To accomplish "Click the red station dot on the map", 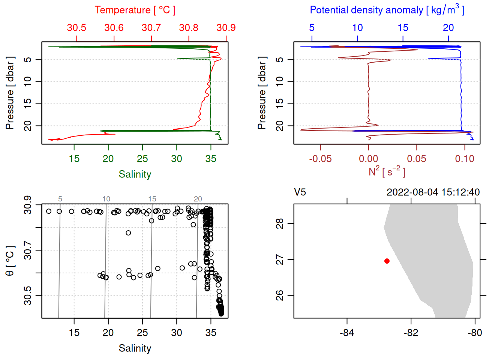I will coord(387,261).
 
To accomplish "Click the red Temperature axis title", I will coord(135,10).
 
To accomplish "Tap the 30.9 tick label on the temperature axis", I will coord(226,28).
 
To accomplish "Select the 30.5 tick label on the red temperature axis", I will coord(76,28).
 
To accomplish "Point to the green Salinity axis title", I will coord(135,174).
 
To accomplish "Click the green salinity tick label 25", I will coord(142,159).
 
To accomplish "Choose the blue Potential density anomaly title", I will coord(387,10).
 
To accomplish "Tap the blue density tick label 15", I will coord(403,28).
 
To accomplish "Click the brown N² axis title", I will coord(387,172).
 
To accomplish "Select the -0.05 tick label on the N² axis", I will coord(320,159).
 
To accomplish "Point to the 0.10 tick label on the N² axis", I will coord(465,159).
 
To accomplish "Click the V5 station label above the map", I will coord(300,192).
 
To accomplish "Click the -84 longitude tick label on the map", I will coord(347,333).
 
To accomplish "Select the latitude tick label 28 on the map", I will coord(280,224).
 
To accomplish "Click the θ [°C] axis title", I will coord(10,261).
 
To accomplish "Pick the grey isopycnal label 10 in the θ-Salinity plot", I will coord(106,199).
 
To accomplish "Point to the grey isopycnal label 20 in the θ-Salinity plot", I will coord(198,199).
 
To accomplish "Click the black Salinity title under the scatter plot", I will coord(135,348).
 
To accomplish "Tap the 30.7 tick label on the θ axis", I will coord(28,250).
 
